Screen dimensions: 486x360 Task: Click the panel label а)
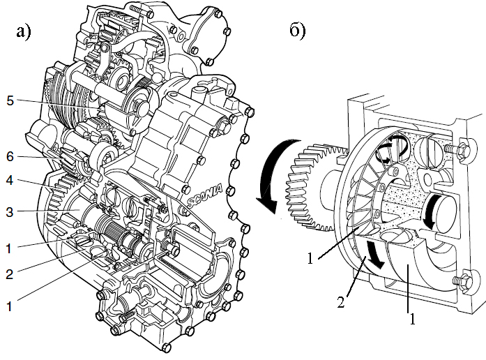[x=24, y=31]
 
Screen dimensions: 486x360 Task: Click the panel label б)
[x=297, y=31]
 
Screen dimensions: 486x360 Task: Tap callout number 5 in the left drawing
[x=10, y=100]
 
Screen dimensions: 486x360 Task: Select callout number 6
[x=10, y=156]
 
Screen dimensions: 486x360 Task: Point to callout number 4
[x=10, y=180]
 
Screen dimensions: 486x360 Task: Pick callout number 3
[x=10, y=212]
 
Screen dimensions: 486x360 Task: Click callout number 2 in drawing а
[x=10, y=274]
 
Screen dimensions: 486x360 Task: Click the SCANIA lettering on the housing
[x=204, y=195]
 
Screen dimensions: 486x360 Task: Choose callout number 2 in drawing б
[x=341, y=302]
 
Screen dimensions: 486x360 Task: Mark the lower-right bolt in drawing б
[x=460, y=280]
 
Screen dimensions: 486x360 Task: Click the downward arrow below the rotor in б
[x=374, y=254]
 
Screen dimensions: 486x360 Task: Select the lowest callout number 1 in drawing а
[x=9, y=306]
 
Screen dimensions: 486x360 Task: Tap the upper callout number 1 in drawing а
[x=9, y=248]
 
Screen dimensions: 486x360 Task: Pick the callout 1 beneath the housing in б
[x=412, y=319]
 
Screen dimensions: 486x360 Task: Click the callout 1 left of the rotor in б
[x=310, y=259]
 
